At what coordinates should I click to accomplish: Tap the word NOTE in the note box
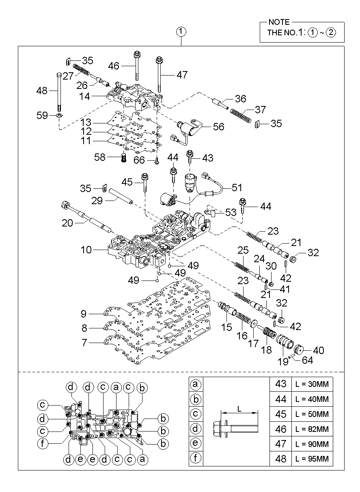coord(279,22)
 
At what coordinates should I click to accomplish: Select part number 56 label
coord(218,127)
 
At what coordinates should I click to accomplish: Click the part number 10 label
coord(86,250)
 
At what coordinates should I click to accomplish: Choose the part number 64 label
coord(308,360)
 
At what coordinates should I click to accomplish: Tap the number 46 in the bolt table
coord(281,429)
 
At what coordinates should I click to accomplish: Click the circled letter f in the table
coord(196,459)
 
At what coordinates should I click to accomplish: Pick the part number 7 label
coord(84,343)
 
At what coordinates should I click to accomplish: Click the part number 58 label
coord(100,157)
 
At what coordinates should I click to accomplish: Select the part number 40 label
coord(319,350)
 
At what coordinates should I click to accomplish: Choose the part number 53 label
coord(231,213)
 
